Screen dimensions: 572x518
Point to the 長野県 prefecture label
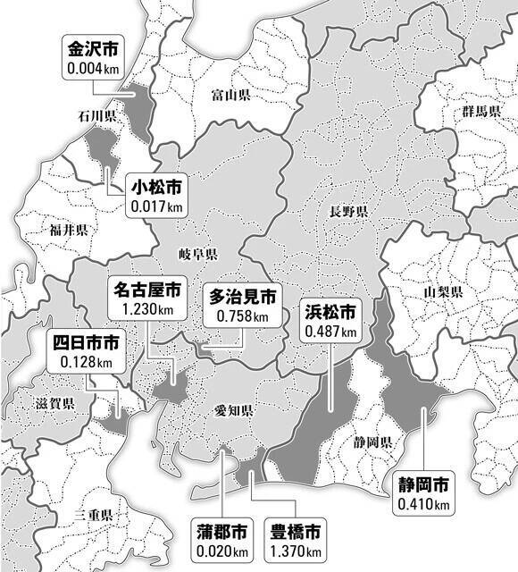(x=347, y=212)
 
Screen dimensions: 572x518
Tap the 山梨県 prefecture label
(x=442, y=292)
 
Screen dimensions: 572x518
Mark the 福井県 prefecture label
(x=68, y=230)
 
